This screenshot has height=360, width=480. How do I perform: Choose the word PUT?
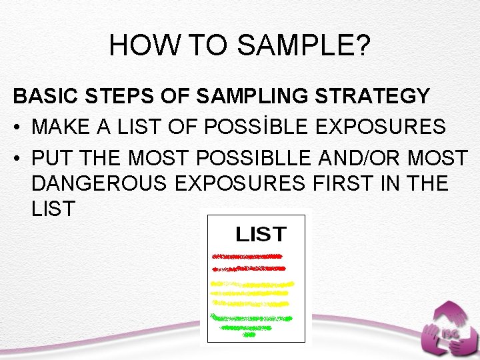coord(47,159)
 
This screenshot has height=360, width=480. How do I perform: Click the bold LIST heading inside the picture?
coord(261,235)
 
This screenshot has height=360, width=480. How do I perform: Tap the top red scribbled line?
coord(247,256)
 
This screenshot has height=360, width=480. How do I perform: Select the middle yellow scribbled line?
coord(251,293)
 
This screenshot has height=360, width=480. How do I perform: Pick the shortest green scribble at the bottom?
coord(249,335)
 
